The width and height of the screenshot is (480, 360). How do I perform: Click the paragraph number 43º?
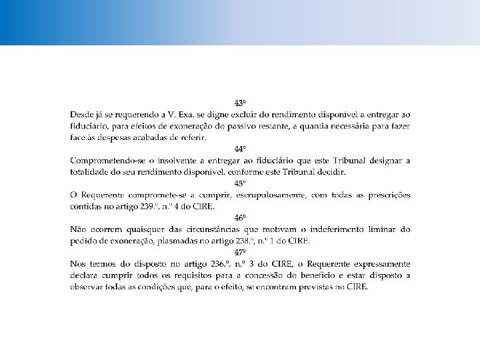240,103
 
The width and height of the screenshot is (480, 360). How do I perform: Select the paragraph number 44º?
240,149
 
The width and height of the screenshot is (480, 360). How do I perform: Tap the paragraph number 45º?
240,183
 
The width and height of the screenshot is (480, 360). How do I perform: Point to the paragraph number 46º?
240,218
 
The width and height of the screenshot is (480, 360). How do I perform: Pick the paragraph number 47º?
240,253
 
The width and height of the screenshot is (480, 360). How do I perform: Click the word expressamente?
378,265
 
